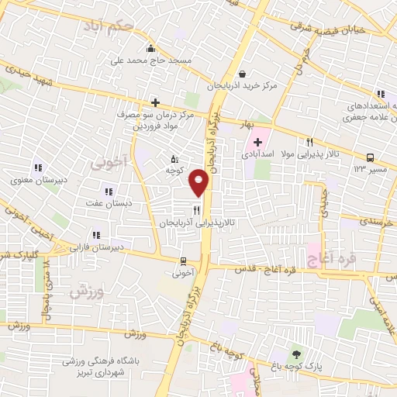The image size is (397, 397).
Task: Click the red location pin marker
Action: click(x=199, y=181)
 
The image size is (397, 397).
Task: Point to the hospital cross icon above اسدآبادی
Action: click(x=257, y=142)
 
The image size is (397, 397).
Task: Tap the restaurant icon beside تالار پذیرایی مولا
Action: click(x=309, y=142)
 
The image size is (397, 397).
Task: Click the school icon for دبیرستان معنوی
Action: click(x=37, y=167)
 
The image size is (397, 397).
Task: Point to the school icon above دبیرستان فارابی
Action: click(x=96, y=234)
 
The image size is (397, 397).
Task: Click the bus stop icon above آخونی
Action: click(x=183, y=261)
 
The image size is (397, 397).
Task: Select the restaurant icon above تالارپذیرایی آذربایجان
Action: click(x=197, y=209)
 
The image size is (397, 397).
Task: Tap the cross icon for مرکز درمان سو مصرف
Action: click(x=156, y=102)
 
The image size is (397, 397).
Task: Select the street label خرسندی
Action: click(x=378, y=221)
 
